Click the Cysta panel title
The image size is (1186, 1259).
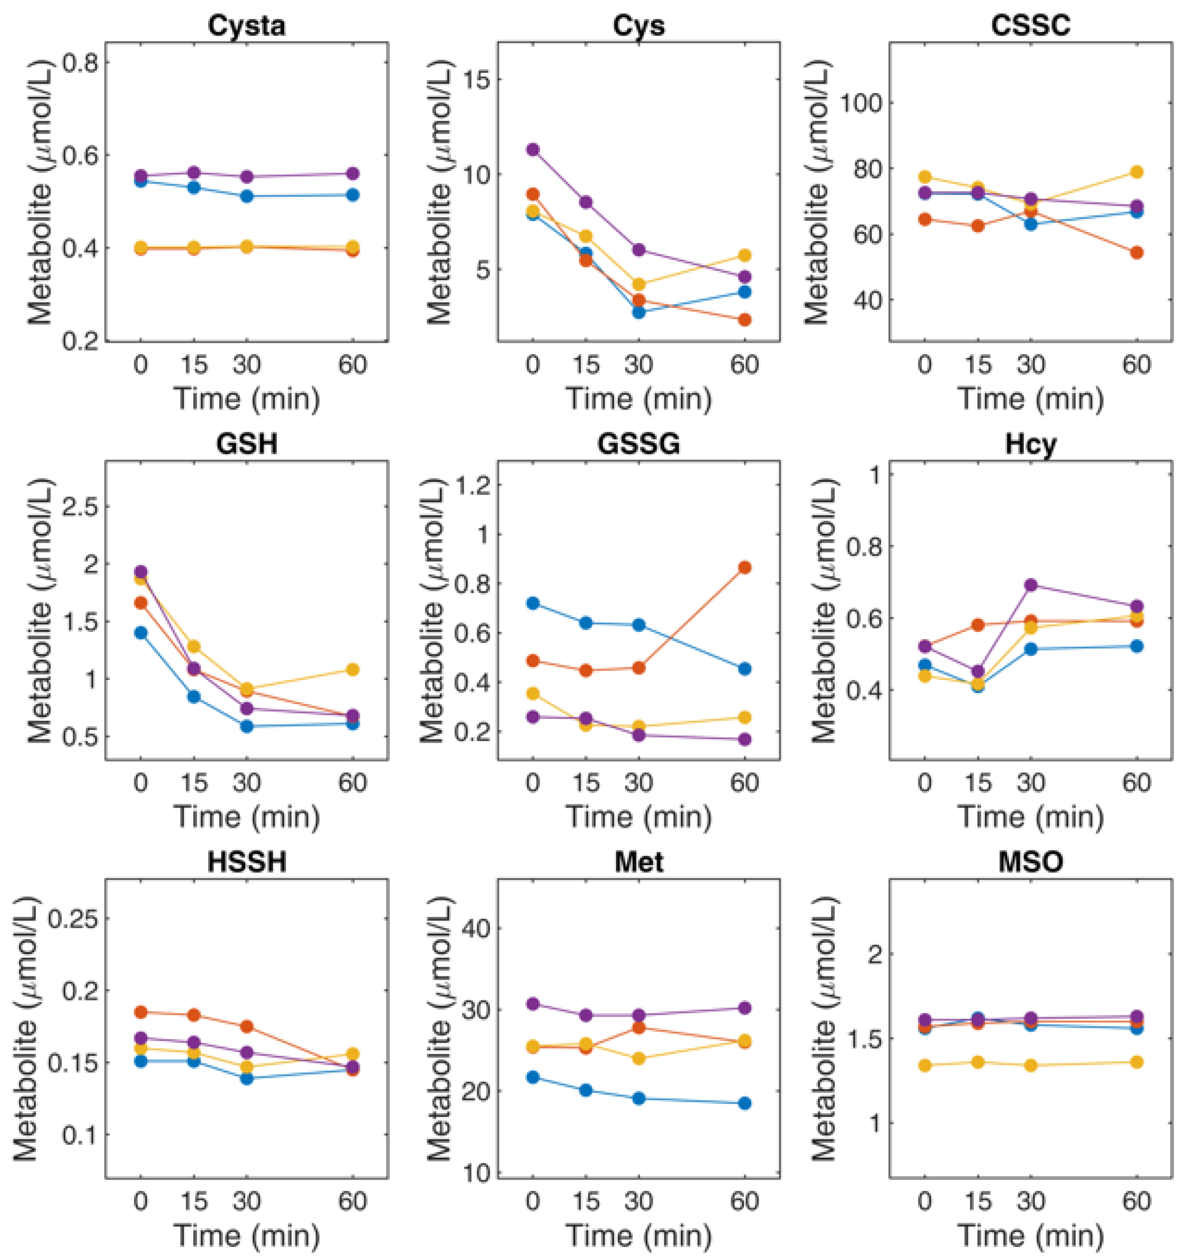[246, 25]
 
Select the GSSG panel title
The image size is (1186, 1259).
[638, 443]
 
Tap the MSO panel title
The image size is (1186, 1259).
[1030, 862]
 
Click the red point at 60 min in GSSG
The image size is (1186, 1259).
[745, 567]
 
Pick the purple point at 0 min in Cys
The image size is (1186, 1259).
[533, 150]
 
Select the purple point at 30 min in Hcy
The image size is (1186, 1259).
[1031, 585]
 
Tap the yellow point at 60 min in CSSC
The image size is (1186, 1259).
[1137, 172]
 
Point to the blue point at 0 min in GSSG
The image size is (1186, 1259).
[533, 603]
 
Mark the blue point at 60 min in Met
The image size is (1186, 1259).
[745, 1103]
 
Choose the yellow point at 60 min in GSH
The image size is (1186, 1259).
[353, 669]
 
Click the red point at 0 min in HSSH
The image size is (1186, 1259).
[141, 1012]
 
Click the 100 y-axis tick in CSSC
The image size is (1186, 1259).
[861, 103]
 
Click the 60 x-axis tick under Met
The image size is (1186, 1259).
[745, 1201]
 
